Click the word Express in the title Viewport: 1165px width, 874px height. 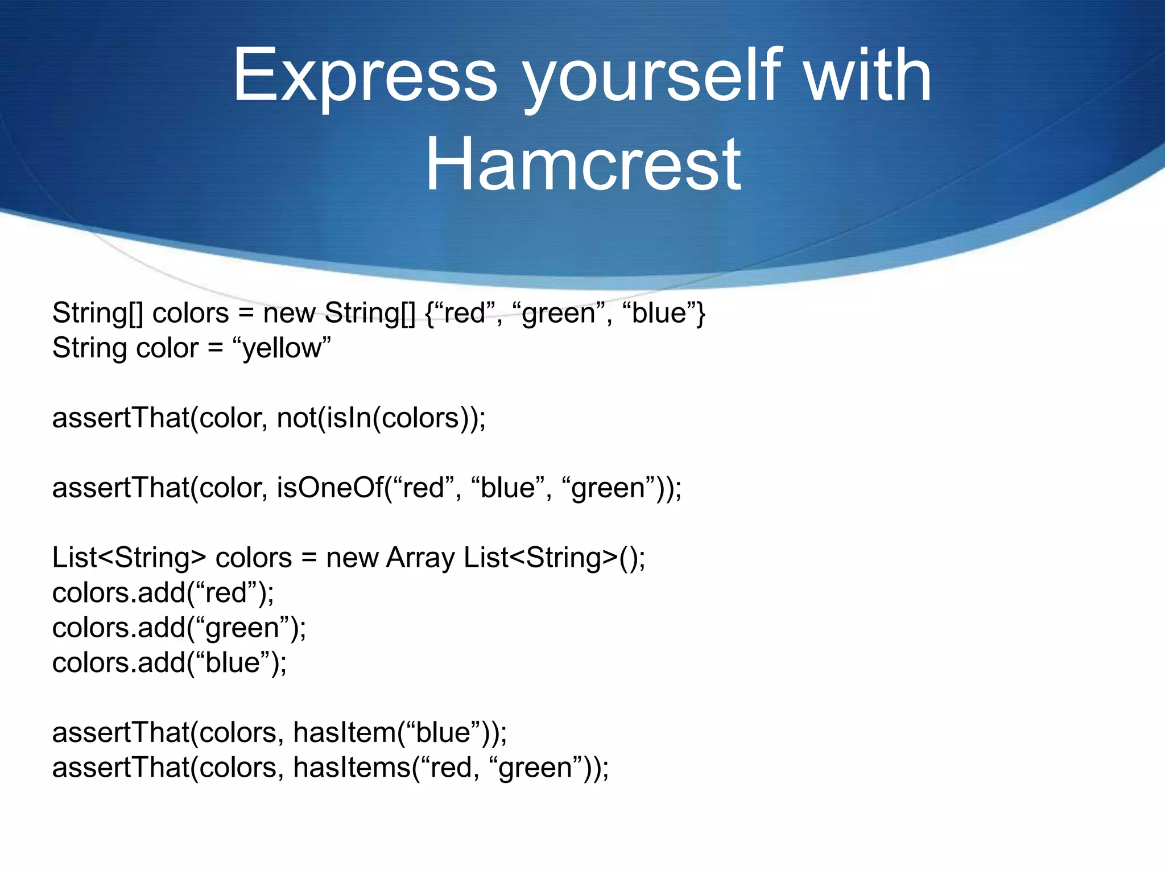365,77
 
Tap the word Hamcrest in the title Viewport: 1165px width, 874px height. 583,165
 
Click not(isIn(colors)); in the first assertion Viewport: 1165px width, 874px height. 381,418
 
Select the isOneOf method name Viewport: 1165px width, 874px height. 330,488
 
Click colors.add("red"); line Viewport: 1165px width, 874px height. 163,593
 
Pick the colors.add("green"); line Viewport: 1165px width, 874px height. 179,628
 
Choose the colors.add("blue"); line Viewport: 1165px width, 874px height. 170,663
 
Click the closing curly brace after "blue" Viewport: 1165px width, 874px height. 701,314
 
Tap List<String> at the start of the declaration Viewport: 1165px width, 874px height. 129,558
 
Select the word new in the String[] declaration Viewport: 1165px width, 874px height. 288,314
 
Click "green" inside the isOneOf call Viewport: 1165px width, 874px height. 609,488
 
